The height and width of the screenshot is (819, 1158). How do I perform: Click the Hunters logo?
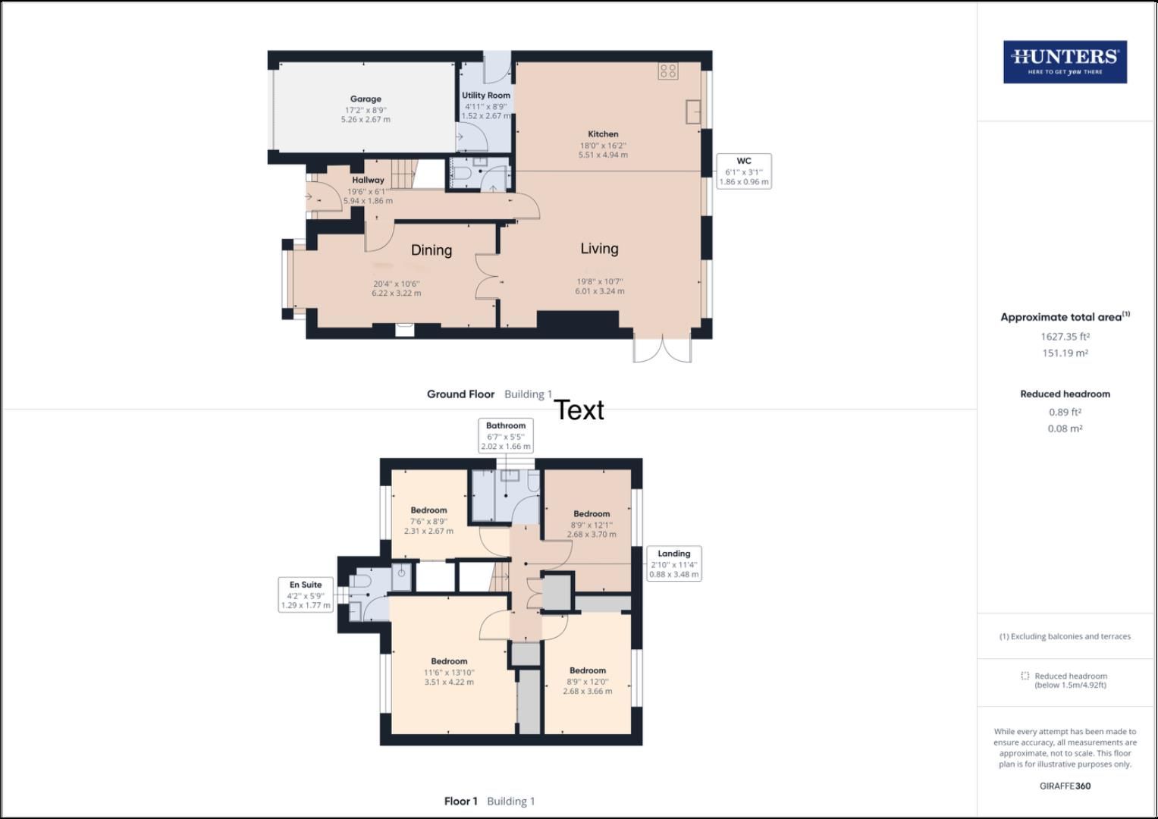pos(1065,62)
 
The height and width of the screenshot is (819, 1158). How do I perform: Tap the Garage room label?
pos(366,99)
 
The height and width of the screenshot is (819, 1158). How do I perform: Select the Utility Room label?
pos(486,96)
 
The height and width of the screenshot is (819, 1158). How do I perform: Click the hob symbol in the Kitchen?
pos(668,71)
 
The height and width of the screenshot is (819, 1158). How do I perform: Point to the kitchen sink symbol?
pos(694,111)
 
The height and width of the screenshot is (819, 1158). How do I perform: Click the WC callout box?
pos(744,171)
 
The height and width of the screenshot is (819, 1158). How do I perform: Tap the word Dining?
pos(432,250)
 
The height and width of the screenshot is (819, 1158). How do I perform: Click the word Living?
pos(599,249)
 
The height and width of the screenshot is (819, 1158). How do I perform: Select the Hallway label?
pos(368,180)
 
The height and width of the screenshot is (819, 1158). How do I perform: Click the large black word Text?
pos(579,410)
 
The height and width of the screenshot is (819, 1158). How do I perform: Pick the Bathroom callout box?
pos(506,436)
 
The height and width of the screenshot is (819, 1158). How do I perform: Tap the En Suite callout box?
pos(306,595)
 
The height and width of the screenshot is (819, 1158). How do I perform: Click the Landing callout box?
pos(673,564)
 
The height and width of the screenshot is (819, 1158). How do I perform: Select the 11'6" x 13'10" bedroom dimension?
pos(449,673)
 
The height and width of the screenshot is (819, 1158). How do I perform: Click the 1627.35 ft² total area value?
pos(1065,337)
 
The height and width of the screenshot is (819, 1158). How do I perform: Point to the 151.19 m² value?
pos(1065,353)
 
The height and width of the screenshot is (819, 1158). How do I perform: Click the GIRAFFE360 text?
pos(1065,786)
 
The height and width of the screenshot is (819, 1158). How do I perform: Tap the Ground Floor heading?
pos(460,394)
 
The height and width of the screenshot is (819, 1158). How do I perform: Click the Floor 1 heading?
pos(460,802)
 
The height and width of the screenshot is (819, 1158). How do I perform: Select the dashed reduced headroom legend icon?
pos(1025,676)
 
